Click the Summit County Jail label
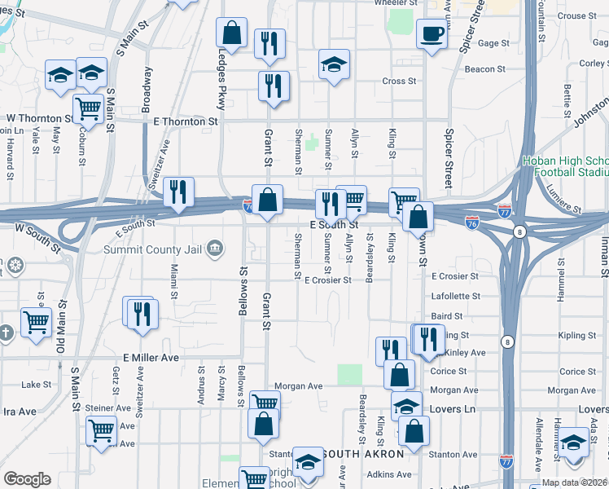click(x=153, y=249)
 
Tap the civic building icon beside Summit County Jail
click(x=214, y=249)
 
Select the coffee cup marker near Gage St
click(x=431, y=35)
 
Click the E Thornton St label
click(x=186, y=121)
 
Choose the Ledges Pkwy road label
click(x=221, y=78)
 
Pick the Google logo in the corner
click(x=27, y=479)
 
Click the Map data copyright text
click(x=573, y=482)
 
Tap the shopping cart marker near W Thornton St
click(x=89, y=107)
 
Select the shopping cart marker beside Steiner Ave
click(x=102, y=430)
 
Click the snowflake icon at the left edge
click(x=13, y=265)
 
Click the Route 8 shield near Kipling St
click(x=507, y=341)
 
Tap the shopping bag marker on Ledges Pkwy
click(x=231, y=33)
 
